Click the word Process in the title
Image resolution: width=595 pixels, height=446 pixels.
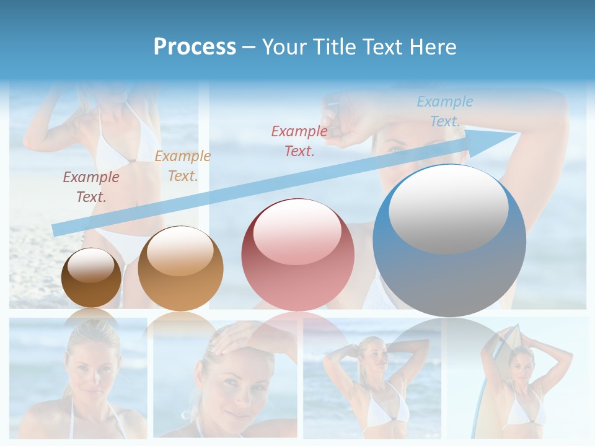tap(195, 47)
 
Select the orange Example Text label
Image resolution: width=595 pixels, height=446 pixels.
tap(183, 166)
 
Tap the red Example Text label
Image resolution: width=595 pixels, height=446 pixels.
tap(299, 141)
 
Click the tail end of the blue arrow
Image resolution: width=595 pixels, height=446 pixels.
tap(59, 229)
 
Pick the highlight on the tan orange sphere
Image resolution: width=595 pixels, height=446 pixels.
tap(180, 251)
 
